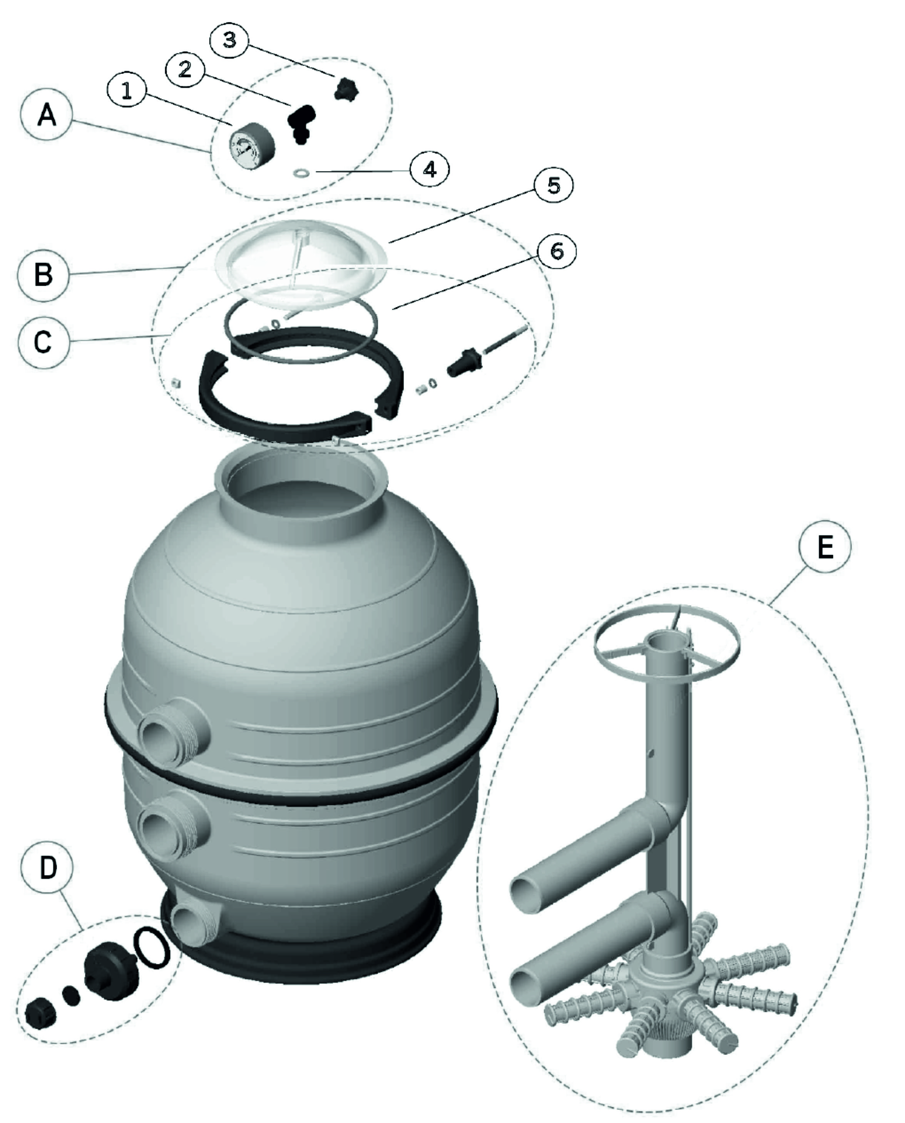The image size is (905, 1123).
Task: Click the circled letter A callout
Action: coord(47,115)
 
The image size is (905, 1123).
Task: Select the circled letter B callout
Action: coord(43,275)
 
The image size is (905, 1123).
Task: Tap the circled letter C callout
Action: coord(43,343)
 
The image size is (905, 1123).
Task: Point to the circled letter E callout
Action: coord(825,547)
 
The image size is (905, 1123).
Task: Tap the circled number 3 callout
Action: coord(229,40)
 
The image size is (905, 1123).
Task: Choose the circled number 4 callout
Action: coord(429,169)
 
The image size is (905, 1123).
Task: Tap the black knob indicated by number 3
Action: coord(346,89)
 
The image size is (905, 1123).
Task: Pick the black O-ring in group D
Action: coord(151,947)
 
